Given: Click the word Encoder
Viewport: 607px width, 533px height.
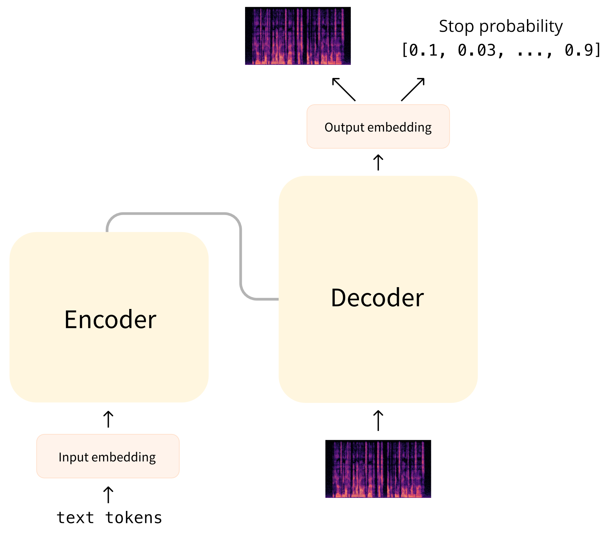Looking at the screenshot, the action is coord(110,319).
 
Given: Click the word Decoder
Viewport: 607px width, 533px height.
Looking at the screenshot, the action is coord(377,297).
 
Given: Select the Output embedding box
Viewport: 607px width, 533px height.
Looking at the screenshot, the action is coord(378,126).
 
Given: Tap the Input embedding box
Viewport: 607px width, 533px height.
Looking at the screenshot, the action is coord(108,456).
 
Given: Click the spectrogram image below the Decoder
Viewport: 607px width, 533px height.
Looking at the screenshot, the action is coord(378,469).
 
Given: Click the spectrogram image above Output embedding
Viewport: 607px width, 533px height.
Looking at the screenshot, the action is coord(298,36).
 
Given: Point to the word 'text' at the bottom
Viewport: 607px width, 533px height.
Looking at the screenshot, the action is coord(75,518).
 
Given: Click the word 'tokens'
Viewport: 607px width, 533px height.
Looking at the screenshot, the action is coord(134,518).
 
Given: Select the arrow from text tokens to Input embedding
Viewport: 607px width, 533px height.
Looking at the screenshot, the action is coord(108,495).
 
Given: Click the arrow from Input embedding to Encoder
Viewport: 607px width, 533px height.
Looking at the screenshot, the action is coord(108,419).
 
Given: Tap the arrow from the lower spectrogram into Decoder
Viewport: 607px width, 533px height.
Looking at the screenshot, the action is coord(378,420).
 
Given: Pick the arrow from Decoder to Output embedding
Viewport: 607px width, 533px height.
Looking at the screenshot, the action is coord(378,162).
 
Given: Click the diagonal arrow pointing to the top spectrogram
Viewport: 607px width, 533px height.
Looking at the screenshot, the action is coord(344,89).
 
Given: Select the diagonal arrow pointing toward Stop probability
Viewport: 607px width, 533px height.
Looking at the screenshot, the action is coord(413,89).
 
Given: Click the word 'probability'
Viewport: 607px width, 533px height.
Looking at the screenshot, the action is coord(521,26).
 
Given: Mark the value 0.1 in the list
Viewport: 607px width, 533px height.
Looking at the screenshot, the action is coord(424,50).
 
